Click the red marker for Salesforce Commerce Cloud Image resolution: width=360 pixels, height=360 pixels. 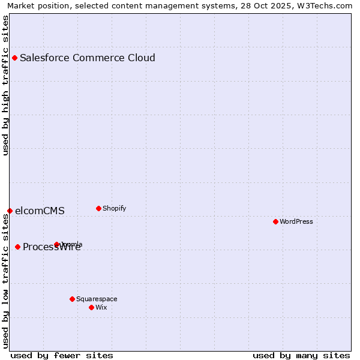[14, 58]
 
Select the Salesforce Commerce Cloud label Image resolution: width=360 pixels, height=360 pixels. [88, 58]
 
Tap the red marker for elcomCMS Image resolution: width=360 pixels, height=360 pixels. [10, 211]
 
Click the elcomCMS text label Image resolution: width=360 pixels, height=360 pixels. [40, 211]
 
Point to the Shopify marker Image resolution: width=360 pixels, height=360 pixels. [98, 208]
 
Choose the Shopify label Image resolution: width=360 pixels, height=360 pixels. [114, 209]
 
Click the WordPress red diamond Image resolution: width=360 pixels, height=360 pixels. [275, 221]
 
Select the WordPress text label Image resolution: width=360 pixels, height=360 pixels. [296, 222]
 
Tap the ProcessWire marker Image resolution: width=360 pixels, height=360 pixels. [17, 247]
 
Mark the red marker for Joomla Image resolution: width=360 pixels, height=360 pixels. [56, 244]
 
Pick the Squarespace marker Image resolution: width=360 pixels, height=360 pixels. [72, 299]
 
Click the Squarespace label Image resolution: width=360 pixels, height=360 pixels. [97, 299]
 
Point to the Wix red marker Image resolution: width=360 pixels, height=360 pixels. [91, 307]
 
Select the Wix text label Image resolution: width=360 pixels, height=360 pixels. [101, 308]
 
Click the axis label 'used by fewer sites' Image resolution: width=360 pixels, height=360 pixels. [62, 355]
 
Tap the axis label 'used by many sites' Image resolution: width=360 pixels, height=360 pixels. [301, 355]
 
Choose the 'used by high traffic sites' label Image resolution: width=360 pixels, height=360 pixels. [5, 85]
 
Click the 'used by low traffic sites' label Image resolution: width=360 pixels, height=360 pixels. [5, 280]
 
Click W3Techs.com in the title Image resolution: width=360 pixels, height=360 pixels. [326, 5]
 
